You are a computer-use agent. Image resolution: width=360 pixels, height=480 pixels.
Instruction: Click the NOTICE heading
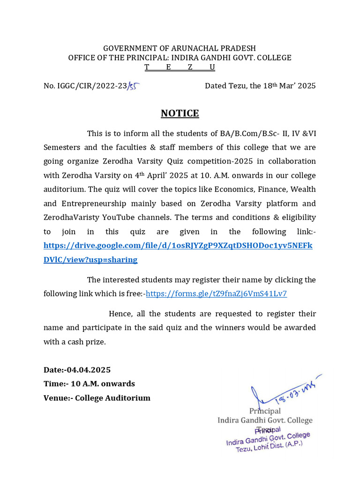(180, 113)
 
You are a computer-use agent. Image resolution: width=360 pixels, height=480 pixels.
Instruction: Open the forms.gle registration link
(217, 294)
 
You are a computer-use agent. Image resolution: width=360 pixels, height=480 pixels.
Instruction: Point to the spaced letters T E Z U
(180, 67)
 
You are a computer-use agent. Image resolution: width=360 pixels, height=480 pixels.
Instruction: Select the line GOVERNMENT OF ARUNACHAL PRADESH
(180, 48)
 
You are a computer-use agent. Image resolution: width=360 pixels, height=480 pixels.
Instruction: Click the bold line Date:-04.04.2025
(77, 370)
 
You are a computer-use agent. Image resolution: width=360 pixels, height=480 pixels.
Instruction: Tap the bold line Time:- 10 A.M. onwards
(89, 384)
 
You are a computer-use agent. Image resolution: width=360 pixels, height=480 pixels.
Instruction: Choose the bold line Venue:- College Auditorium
(97, 398)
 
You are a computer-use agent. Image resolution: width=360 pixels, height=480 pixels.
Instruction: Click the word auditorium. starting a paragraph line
(65, 189)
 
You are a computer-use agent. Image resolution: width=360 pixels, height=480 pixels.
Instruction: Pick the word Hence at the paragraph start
(121, 314)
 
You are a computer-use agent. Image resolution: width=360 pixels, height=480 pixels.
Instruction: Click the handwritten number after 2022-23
(135, 86)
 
